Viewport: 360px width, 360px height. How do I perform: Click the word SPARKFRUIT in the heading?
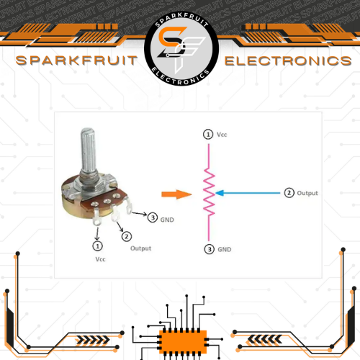(x=76, y=60)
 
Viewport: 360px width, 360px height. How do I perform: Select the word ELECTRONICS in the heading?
(x=288, y=61)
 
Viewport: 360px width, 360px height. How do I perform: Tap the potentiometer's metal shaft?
(x=89, y=151)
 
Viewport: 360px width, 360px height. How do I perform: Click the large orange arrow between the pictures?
(x=176, y=194)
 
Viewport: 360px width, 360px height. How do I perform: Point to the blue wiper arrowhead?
(x=220, y=193)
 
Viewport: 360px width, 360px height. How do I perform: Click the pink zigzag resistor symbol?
(x=209, y=192)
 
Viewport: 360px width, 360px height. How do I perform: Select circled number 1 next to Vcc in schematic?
(x=208, y=135)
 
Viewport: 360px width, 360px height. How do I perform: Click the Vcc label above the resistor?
(x=222, y=135)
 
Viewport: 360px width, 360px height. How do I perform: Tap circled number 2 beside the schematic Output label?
(x=289, y=193)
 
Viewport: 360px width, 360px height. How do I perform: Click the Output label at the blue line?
(x=307, y=193)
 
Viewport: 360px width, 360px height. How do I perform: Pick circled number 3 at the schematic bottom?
(x=210, y=249)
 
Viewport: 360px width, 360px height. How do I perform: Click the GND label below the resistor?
(x=225, y=250)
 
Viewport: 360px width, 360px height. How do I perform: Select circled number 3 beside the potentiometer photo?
(x=153, y=217)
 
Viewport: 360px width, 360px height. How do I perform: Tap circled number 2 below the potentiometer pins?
(x=127, y=237)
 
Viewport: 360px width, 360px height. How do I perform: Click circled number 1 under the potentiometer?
(x=97, y=246)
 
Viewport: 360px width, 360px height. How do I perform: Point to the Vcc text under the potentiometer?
(x=100, y=259)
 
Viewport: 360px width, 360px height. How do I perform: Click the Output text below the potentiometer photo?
(x=140, y=248)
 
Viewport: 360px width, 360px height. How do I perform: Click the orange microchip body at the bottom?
(x=183, y=342)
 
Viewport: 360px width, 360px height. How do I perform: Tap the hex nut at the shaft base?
(x=89, y=185)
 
